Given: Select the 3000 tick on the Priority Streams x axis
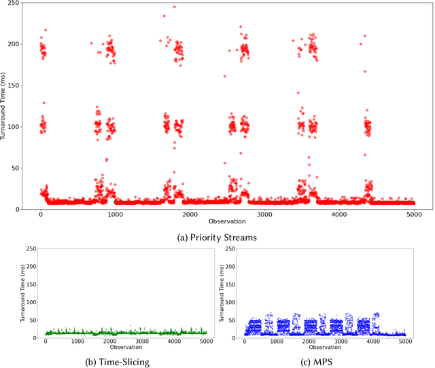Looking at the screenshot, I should pyautogui.click(x=264, y=215).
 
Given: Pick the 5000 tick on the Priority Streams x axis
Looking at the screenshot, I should pyautogui.click(x=414, y=215).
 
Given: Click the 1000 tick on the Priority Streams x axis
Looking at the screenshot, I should pyautogui.click(x=115, y=215).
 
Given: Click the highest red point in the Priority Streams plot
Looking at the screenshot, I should pyautogui.click(x=174, y=7).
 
